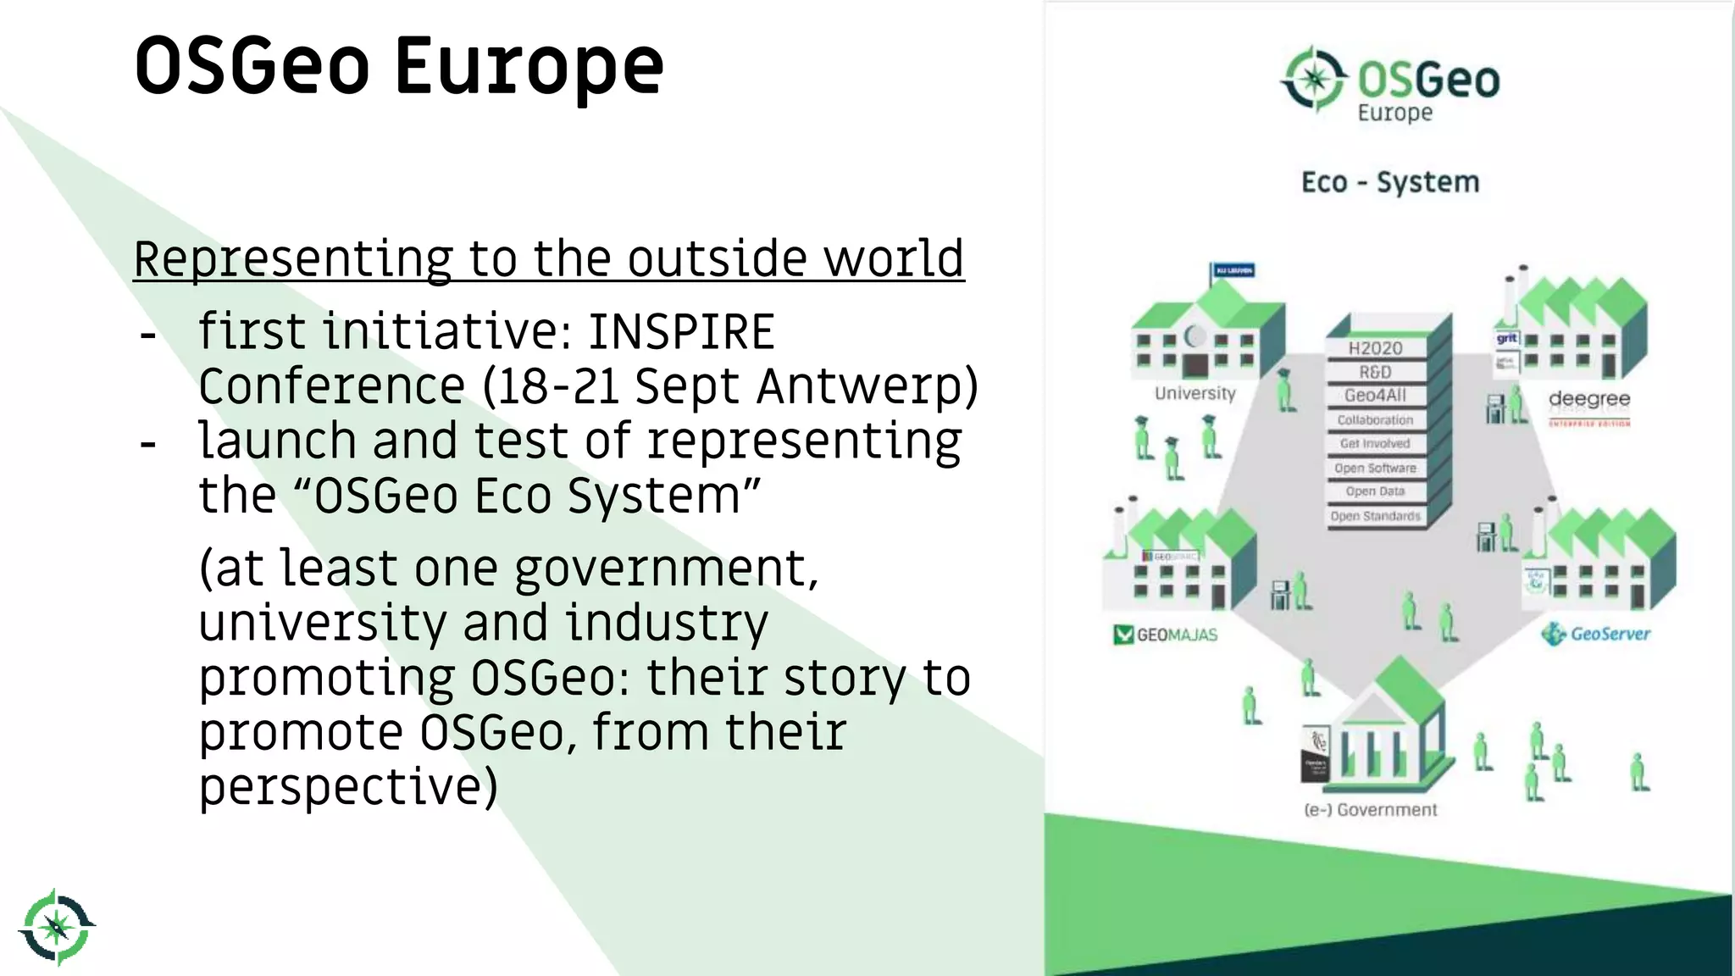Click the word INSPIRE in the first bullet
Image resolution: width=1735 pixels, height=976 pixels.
coord(681,331)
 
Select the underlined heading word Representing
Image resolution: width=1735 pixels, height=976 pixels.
coord(292,258)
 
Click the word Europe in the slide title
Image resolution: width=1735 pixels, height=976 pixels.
coord(529,66)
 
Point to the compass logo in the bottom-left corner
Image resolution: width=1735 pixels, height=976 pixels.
coord(57,927)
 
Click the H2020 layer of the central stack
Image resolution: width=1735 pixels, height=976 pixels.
coord(1375,348)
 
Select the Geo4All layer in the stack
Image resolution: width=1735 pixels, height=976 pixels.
coord(1375,396)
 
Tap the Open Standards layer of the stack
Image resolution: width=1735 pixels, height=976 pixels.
coord(1375,516)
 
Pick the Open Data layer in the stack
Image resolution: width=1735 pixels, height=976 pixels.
coord(1375,491)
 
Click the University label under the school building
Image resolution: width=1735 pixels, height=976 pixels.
coord(1195,393)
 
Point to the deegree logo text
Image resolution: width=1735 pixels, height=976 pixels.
coord(1588,399)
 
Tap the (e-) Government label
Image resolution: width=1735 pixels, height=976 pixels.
coord(1371,810)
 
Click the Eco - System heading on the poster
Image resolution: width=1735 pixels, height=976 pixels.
coord(1390,182)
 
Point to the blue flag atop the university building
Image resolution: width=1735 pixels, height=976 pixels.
coord(1233,270)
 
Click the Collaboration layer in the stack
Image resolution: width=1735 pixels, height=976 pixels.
coord(1375,420)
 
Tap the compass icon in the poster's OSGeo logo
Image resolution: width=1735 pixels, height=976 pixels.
coord(1314,79)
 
